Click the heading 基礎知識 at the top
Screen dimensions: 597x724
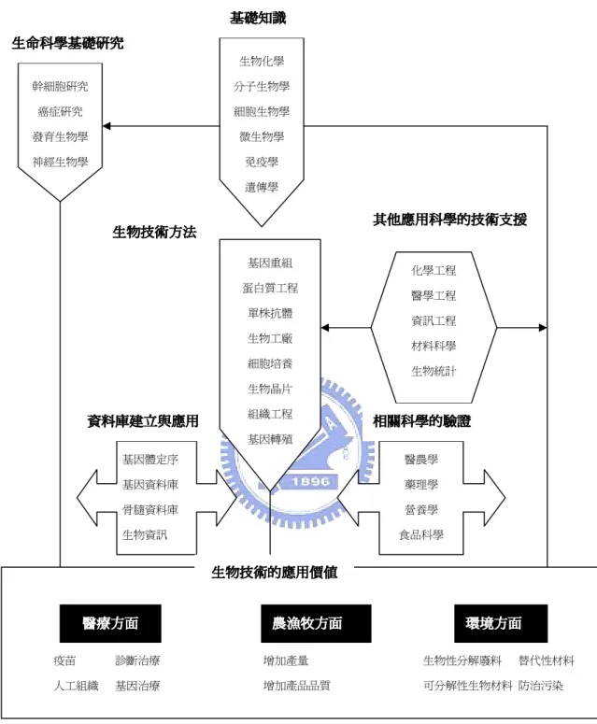tap(258, 18)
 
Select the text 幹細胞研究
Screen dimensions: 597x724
tap(60, 86)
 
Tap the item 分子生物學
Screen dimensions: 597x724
tap(262, 86)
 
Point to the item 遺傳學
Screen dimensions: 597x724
tap(262, 187)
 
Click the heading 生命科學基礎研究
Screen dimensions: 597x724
tap(68, 43)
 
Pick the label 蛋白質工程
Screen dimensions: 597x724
tap(270, 288)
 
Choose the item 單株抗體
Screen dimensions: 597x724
tap(270, 313)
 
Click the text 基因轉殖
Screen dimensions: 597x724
tap(270, 439)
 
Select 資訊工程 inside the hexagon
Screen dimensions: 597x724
tap(434, 321)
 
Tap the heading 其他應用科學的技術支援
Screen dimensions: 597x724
tap(449, 220)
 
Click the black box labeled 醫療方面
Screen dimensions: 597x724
tap(110, 623)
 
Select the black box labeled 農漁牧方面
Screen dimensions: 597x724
tap(316, 623)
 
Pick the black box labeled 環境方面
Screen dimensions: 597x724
tap(501, 623)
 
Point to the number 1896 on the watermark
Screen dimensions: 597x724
tap(310, 482)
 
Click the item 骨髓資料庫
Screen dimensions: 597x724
tap(150, 510)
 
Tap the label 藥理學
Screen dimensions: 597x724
tap(421, 484)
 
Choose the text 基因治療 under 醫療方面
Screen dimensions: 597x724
tap(137, 686)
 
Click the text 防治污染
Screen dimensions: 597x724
tap(541, 686)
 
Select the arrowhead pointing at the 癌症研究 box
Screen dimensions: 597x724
tap(107, 126)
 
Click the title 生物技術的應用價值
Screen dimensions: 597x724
tap(275, 573)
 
